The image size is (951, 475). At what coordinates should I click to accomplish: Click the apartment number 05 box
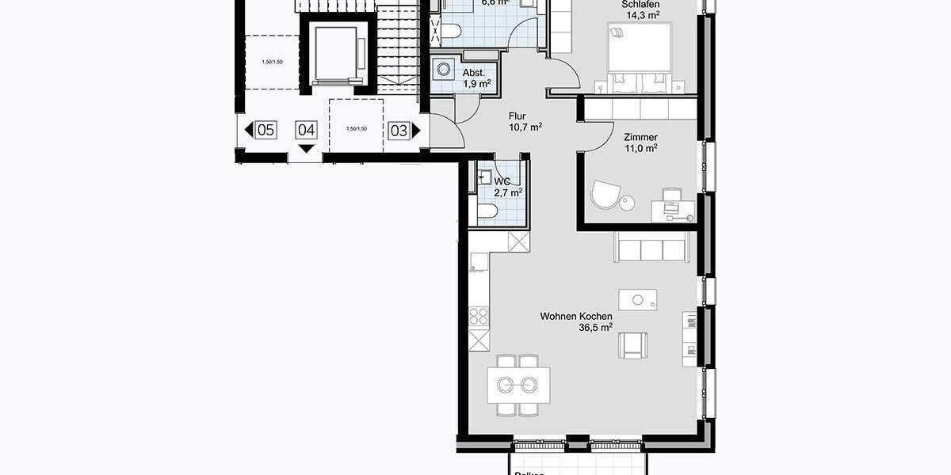[266, 131]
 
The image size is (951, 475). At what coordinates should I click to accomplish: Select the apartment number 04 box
[307, 131]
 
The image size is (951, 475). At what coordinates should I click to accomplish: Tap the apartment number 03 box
[399, 131]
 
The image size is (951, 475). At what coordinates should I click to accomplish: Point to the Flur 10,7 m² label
[525, 121]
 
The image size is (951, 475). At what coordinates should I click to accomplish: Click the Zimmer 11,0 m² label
[640, 142]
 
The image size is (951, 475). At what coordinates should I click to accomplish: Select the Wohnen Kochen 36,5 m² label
[576, 321]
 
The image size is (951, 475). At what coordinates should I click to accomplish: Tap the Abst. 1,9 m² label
[476, 78]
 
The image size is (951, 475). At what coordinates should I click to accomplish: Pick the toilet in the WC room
[487, 211]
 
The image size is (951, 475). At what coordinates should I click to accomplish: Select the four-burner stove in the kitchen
[479, 317]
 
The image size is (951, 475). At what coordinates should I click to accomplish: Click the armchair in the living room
[633, 344]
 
